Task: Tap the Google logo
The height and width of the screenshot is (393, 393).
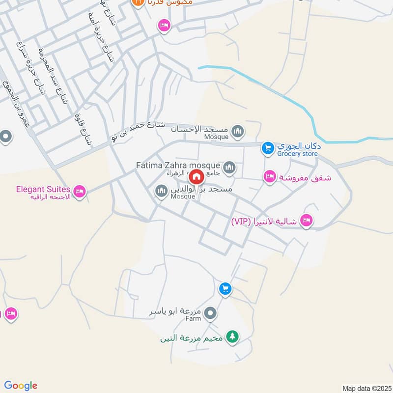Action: click(x=21, y=386)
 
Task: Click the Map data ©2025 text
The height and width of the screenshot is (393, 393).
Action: click(x=366, y=388)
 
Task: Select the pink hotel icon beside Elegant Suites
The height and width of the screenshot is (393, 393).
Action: click(x=79, y=190)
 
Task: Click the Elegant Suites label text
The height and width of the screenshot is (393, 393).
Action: click(x=44, y=188)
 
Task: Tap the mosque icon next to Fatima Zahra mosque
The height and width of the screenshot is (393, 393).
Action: click(x=229, y=168)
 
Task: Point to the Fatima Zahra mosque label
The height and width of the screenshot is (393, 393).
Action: click(x=178, y=165)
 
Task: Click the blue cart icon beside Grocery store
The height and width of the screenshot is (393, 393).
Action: click(x=267, y=147)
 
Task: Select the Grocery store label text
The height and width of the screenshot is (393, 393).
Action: click(x=297, y=154)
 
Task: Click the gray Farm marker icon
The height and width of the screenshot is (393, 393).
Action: click(x=210, y=312)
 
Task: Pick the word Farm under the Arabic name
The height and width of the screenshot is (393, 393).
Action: click(x=193, y=319)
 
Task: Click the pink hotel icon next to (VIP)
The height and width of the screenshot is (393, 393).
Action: click(x=306, y=221)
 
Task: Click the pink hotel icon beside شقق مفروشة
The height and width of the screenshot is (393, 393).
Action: click(x=269, y=177)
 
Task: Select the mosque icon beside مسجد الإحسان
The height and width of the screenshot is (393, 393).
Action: click(x=238, y=131)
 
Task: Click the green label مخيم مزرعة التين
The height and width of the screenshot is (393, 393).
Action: click(x=192, y=338)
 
